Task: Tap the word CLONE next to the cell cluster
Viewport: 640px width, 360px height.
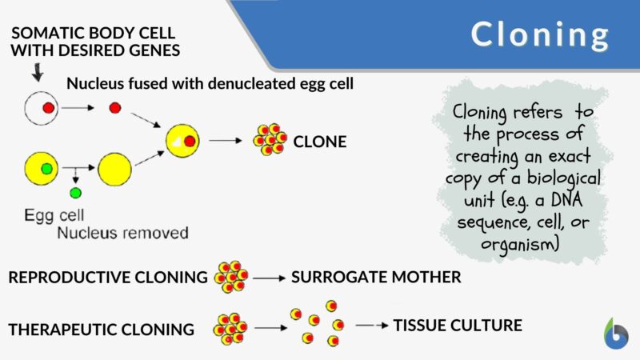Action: (319, 142)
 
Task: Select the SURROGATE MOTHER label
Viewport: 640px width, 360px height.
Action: (376, 278)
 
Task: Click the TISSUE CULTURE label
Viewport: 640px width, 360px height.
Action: (458, 325)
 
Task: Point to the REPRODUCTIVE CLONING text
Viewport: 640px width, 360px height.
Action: (108, 278)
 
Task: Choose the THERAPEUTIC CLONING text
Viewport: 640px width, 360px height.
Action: (102, 329)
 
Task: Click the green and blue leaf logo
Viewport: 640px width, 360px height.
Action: (615, 334)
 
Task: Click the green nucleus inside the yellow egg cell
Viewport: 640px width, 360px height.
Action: (47, 168)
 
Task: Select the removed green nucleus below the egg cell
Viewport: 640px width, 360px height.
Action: (74, 193)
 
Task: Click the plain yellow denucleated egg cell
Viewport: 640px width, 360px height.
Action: (114, 169)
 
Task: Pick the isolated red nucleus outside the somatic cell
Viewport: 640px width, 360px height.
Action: (116, 107)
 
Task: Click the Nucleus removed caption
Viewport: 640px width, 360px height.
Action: (123, 234)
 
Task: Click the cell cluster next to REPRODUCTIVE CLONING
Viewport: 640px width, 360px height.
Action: (231, 276)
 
